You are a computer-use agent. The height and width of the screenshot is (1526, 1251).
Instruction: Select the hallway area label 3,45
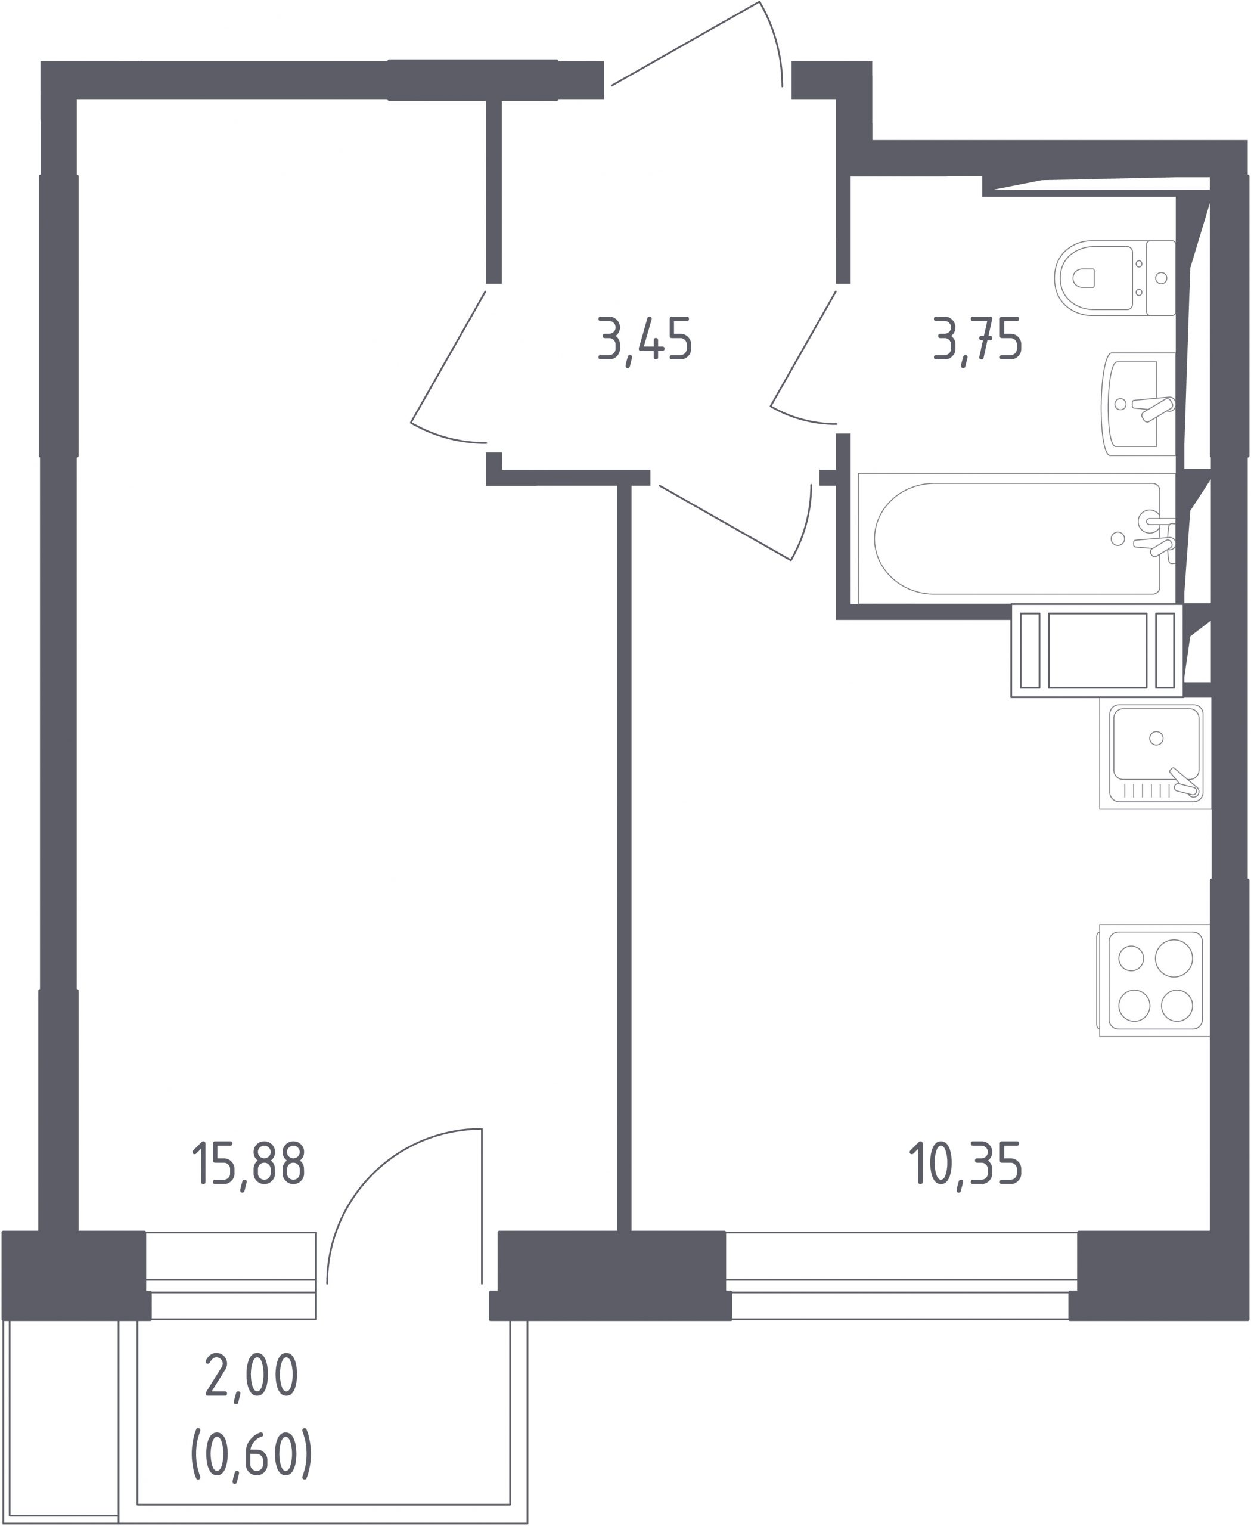(645, 340)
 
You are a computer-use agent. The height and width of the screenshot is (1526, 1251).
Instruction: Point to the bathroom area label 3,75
(978, 340)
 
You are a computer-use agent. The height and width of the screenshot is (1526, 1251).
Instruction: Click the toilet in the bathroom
(1115, 278)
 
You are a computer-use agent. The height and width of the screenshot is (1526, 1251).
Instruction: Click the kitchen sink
(1155, 756)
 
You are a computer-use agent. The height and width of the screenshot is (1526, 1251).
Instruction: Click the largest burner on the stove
(1174, 958)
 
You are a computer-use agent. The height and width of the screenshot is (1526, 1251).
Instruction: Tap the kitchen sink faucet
(1185, 783)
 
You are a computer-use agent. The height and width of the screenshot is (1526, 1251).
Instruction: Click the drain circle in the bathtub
(1117, 538)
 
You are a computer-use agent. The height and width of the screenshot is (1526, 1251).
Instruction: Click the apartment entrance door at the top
(696, 44)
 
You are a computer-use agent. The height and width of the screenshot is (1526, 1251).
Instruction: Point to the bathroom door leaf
(803, 348)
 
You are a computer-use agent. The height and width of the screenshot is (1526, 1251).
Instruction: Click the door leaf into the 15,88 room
(448, 356)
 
